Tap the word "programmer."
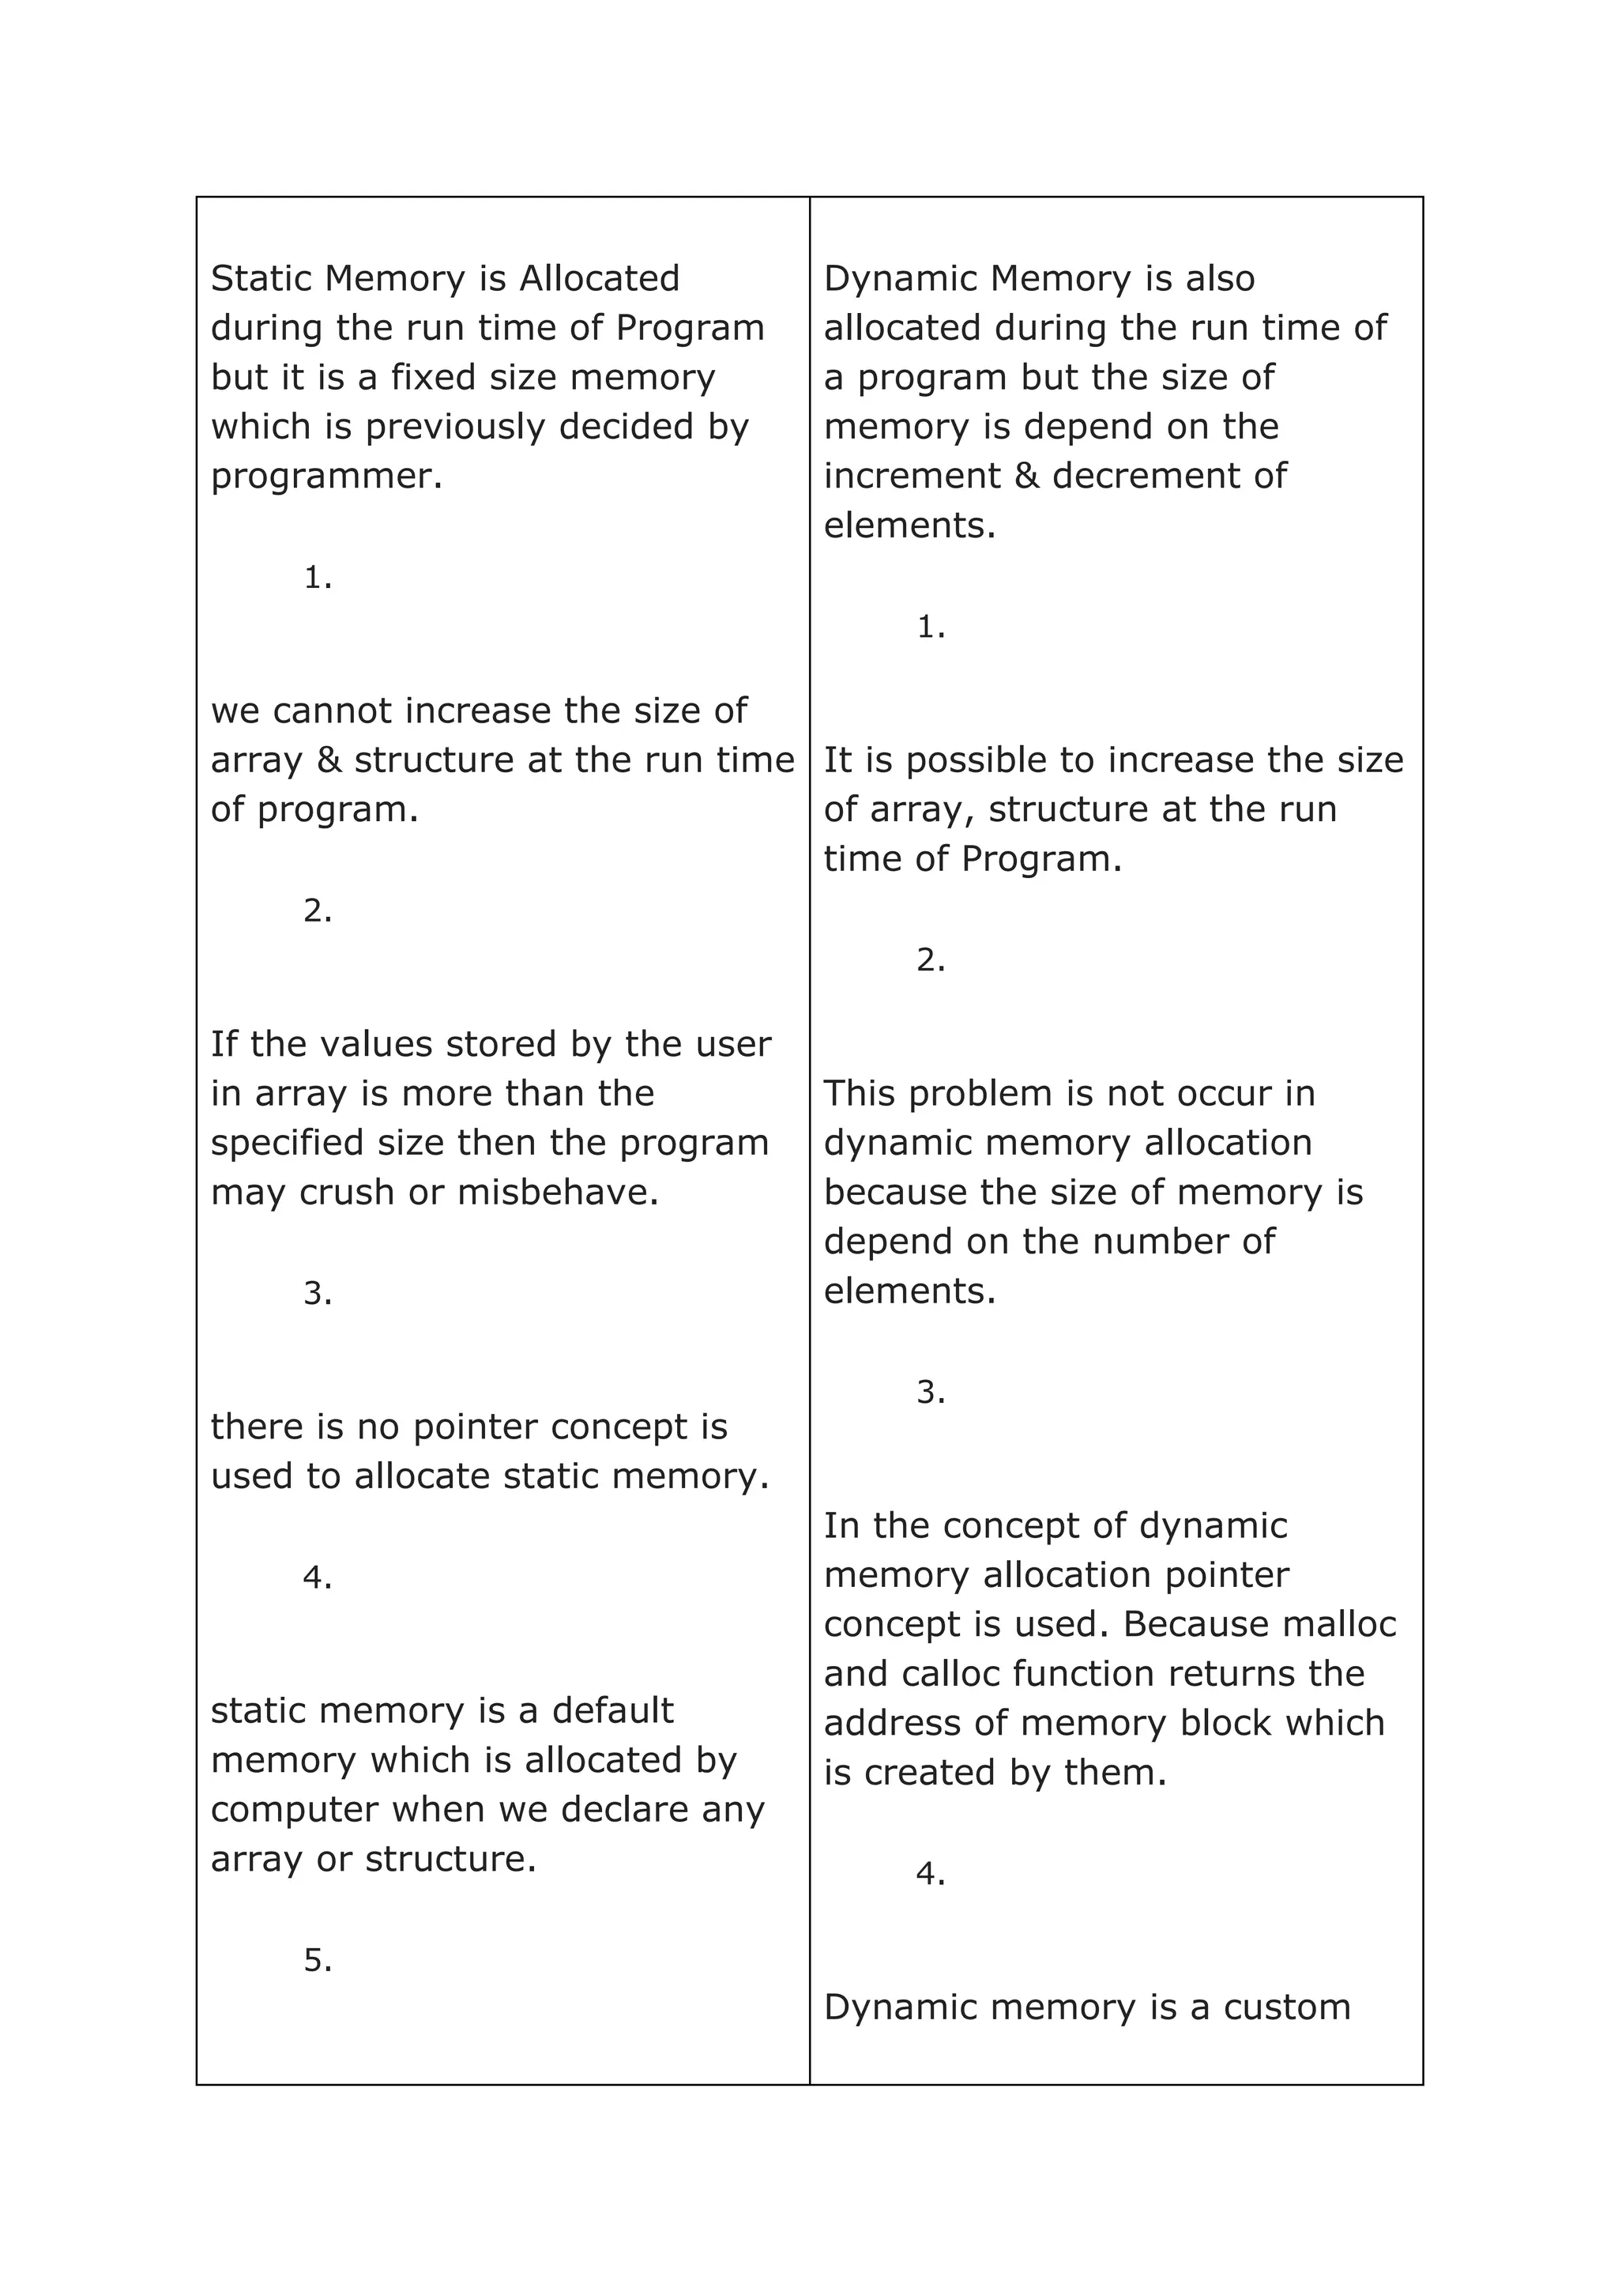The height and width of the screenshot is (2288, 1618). pyautogui.click(x=325, y=477)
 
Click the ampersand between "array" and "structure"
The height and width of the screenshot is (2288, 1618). pyautogui.click(x=328, y=760)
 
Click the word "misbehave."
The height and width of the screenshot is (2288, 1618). pyautogui.click(x=558, y=1193)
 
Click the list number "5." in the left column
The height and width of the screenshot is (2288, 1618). pyautogui.click(x=318, y=1961)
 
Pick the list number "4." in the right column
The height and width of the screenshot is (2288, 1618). pyautogui.click(x=931, y=1875)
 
